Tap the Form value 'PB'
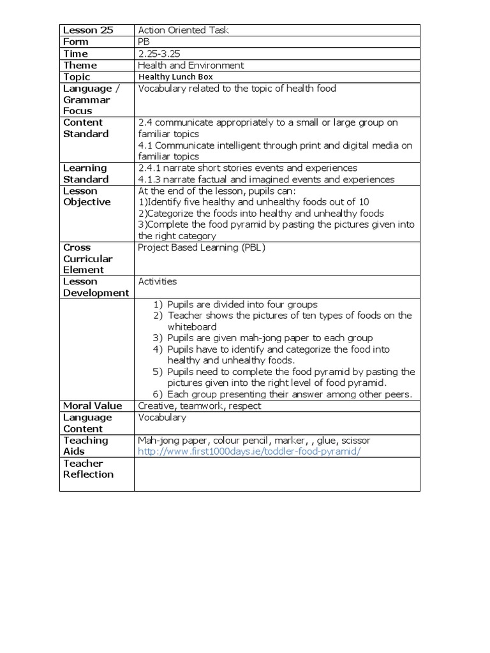click(145, 42)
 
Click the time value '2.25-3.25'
click(159, 54)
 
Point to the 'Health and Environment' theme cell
click(191, 65)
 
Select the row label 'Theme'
click(80, 65)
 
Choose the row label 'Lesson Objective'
click(87, 196)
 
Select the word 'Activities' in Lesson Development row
click(158, 281)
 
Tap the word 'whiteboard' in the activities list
click(192, 326)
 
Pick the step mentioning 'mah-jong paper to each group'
click(270, 338)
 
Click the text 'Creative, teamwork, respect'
click(199, 406)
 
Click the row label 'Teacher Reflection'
click(88, 469)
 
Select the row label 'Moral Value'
click(92, 406)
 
